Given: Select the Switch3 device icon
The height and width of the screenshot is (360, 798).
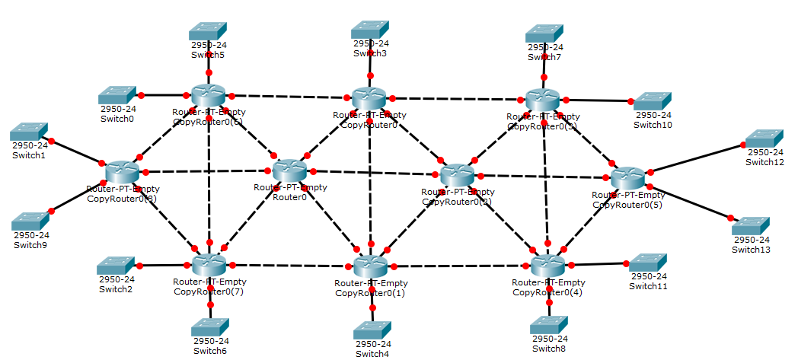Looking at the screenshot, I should (x=370, y=29).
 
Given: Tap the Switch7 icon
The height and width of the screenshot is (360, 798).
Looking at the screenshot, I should (x=544, y=33).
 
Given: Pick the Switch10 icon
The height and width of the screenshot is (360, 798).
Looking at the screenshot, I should (x=653, y=100).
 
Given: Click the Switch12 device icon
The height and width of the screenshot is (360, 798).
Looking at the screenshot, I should (x=764, y=139).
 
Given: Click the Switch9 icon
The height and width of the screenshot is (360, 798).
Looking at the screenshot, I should (x=30, y=221).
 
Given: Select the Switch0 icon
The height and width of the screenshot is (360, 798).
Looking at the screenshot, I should (x=117, y=95).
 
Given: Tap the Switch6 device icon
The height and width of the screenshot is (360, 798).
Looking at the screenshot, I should (x=210, y=327).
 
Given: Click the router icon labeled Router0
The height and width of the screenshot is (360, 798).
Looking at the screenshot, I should (x=290, y=170).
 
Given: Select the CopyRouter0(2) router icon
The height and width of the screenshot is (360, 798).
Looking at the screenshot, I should (x=457, y=175).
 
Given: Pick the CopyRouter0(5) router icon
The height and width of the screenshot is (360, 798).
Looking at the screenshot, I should (x=628, y=178).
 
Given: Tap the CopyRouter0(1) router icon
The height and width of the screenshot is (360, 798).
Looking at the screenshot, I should (x=371, y=266).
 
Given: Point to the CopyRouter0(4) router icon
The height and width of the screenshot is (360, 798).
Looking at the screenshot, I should (x=547, y=265).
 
